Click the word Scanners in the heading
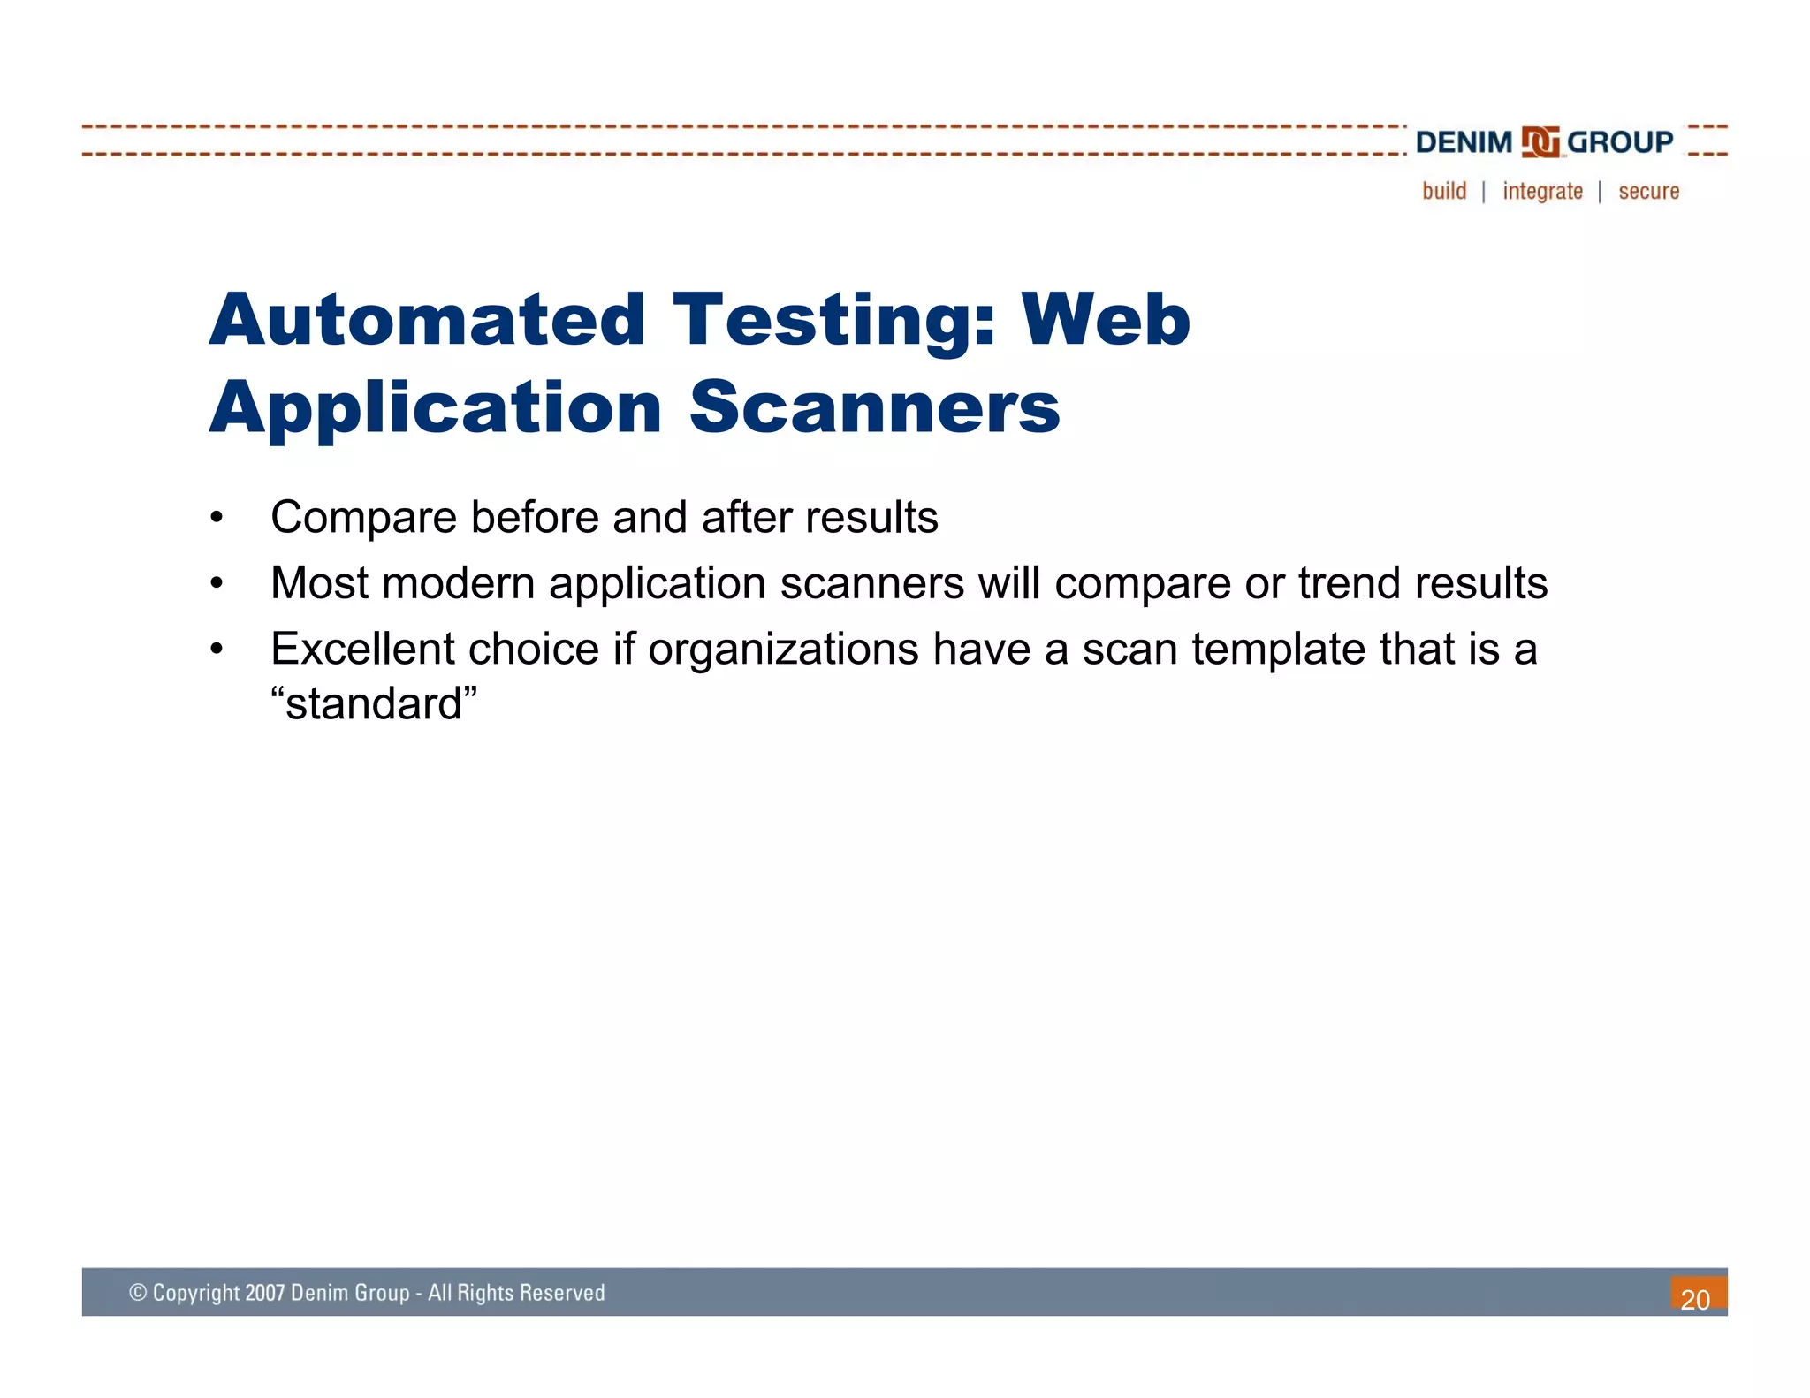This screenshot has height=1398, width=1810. click(x=874, y=407)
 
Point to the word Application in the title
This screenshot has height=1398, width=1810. click(x=436, y=407)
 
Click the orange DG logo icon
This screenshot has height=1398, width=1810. click(x=1540, y=141)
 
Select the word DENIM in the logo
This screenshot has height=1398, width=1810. click(x=1464, y=141)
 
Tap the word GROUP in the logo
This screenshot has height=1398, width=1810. click(x=1619, y=141)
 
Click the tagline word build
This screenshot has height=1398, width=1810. click(x=1444, y=191)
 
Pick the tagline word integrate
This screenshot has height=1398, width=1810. click(x=1542, y=191)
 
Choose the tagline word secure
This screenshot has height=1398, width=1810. click(x=1648, y=191)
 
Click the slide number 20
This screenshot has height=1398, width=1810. click(x=1695, y=1299)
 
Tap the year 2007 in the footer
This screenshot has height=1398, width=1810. click(x=264, y=1293)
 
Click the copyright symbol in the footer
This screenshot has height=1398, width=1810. click(x=138, y=1293)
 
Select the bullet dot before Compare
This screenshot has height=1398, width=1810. click(x=217, y=518)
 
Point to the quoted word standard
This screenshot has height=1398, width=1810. click(x=374, y=704)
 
